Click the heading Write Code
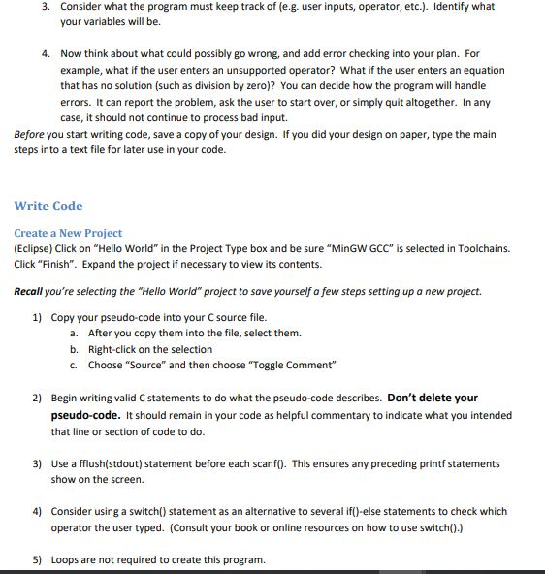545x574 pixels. [48, 206]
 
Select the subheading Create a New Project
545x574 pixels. [68, 233]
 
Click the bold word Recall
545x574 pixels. [32, 291]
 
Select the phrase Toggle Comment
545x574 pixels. [303, 365]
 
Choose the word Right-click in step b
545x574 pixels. [113, 349]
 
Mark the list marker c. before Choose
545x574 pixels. [74, 365]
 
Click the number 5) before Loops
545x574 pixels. [38, 559]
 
